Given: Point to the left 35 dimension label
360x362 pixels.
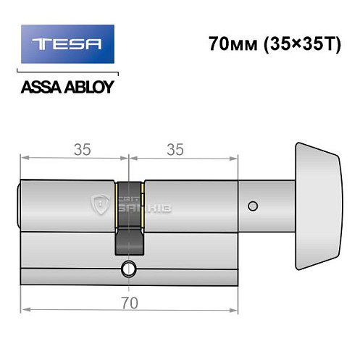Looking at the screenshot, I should (81, 149).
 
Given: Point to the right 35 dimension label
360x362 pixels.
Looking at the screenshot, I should (174, 149).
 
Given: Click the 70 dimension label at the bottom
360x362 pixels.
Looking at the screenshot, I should (129, 300).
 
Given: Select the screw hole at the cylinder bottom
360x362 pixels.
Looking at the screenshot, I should (129, 269).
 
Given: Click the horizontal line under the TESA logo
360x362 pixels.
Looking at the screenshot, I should (67, 74).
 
